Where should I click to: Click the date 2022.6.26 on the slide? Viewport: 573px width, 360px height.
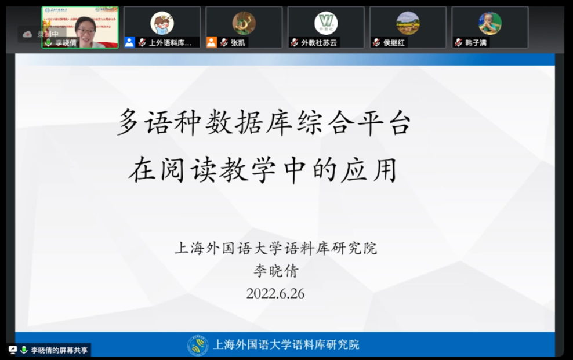click(275, 293)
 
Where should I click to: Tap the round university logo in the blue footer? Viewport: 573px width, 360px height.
click(198, 345)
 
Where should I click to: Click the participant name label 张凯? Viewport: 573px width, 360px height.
click(238, 42)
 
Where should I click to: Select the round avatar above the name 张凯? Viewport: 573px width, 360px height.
click(244, 23)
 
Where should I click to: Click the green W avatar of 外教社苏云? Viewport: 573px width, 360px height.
click(326, 23)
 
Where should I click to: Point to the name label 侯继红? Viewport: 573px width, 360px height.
click(394, 42)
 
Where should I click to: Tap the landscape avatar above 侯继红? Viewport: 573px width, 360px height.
click(408, 23)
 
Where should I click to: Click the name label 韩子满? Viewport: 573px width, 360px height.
click(476, 42)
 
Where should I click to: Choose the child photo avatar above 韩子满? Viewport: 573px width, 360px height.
click(490, 23)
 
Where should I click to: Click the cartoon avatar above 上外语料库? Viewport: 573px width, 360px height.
click(162, 23)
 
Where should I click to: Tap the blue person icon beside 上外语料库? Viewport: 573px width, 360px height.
click(129, 42)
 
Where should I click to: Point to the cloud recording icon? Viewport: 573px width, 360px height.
click(27, 34)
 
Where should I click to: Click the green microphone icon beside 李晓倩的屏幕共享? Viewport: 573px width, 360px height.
click(24, 350)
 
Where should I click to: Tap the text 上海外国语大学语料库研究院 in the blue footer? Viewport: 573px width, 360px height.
click(286, 345)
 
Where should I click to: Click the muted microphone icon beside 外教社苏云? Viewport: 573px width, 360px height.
click(295, 42)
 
